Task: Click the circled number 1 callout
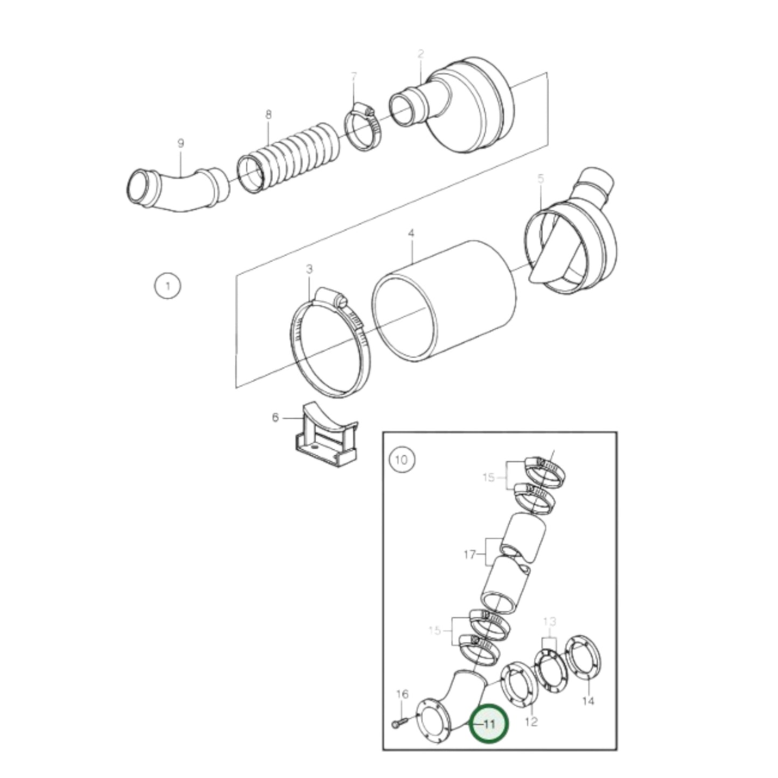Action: tap(167, 285)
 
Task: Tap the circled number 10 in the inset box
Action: tap(401, 460)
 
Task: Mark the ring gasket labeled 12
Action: tap(520, 690)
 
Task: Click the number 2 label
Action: tap(420, 54)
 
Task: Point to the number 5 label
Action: tap(541, 178)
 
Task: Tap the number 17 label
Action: tap(469, 553)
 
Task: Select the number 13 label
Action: tap(549, 622)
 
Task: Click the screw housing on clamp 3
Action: tap(330, 296)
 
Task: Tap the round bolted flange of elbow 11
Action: tap(436, 724)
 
